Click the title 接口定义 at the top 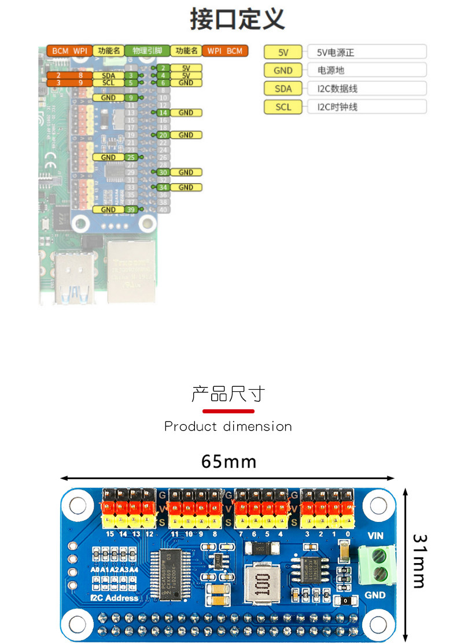click(x=237, y=19)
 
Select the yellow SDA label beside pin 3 click(x=108, y=76)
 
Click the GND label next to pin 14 click(x=186, y=113)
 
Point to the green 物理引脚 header click(x=148, y=51)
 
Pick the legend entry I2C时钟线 click(x=337, y=107)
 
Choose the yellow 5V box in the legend click(x=283, y=53)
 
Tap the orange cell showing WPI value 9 click(x=81, y=83)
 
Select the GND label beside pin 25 click(x=108, y=157)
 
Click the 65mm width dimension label click(x=228, y=462)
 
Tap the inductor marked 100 click(x=259, y=584)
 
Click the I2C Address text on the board click(x=114, y=598)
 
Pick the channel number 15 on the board click(x=110, y=534)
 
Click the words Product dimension click(x=228, y=427)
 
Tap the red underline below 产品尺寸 click(x=228, y=411)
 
